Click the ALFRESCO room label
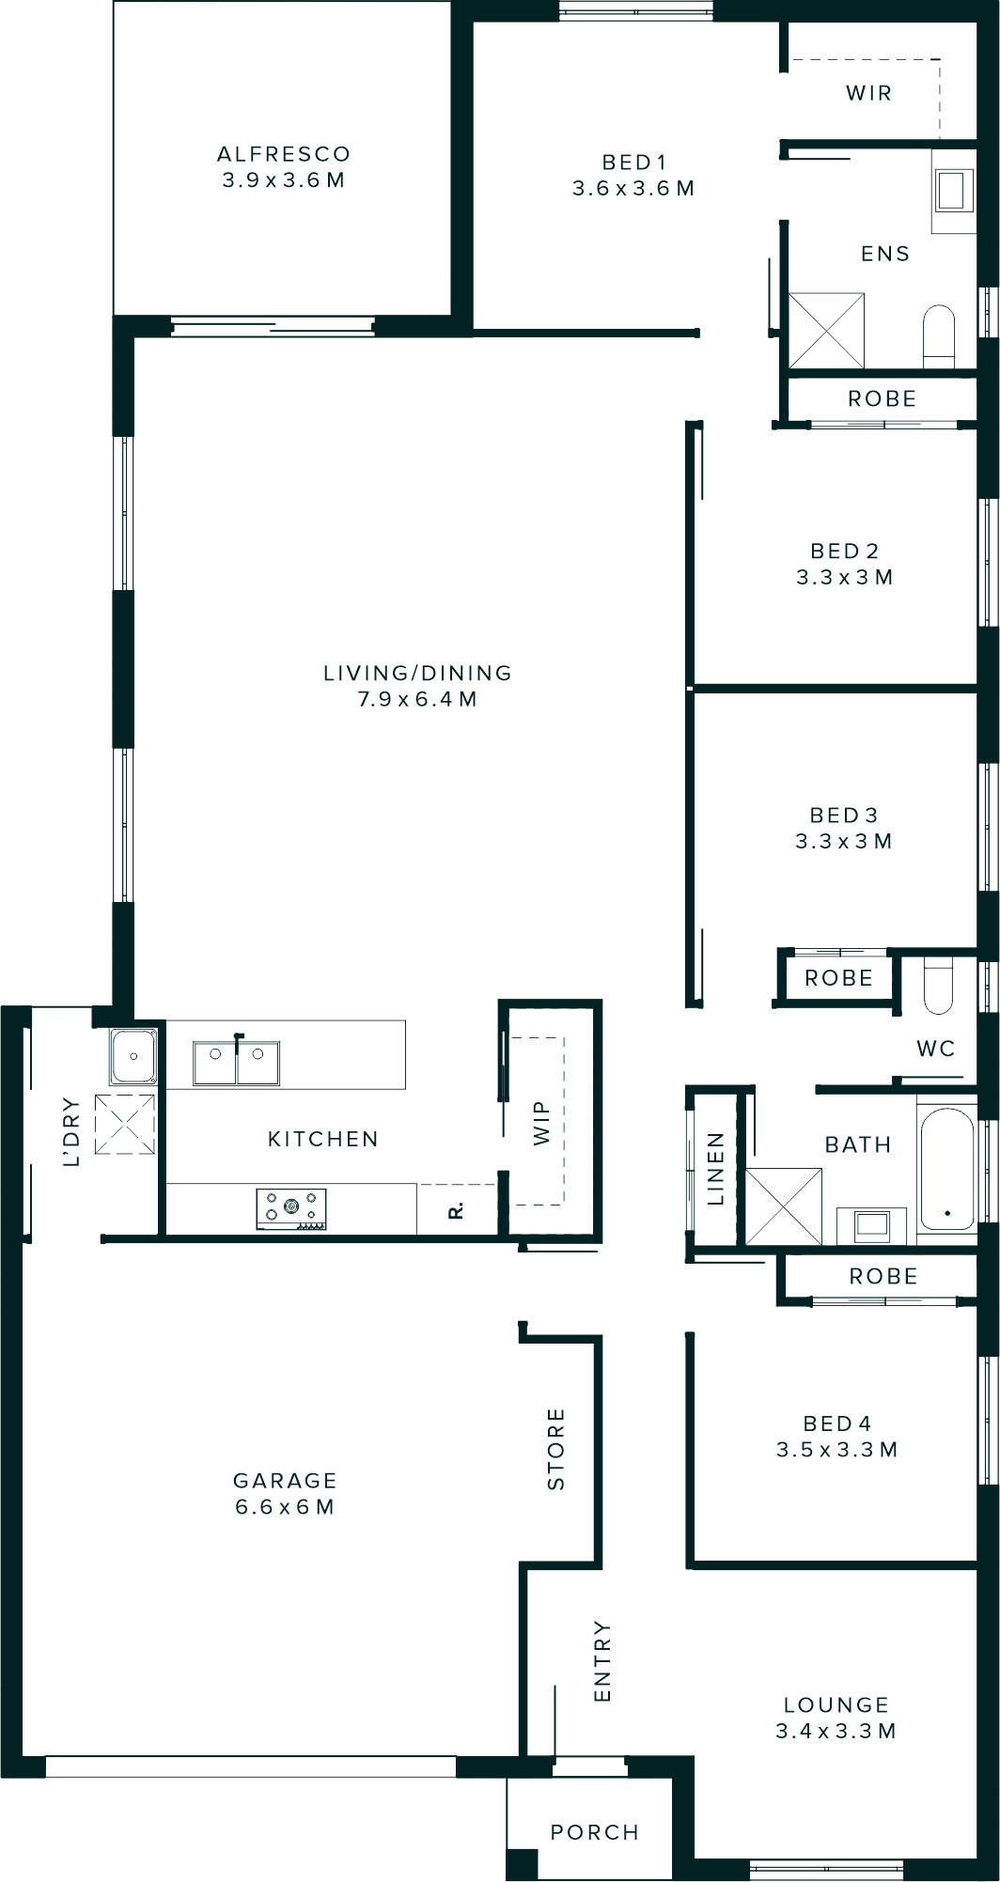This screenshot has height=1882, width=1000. [283, 154]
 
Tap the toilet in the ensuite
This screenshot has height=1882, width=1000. [938, 334]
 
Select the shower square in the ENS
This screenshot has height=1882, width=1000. [825, 330]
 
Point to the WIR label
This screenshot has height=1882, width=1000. [868, 93]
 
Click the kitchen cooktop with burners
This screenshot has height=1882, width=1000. [291, 1208]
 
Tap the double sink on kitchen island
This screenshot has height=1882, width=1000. [236, 1064]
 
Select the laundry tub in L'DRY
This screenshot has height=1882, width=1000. [133, 1056]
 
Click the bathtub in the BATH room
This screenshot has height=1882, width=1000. [946, 1170]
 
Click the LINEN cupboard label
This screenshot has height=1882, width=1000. [715, 1169]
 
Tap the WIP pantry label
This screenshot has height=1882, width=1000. [541, 1124]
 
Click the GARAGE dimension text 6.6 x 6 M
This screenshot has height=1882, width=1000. [285, 1507]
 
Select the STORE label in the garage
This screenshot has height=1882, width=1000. [555, 1449]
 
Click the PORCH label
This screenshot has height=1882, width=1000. [594, 1832]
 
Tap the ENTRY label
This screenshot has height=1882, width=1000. [602, 1661]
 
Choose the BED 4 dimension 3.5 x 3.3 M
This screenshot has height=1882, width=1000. [836, 1450]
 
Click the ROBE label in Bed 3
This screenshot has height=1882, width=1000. [838, 978]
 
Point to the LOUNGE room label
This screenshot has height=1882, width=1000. [836, 1704]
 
